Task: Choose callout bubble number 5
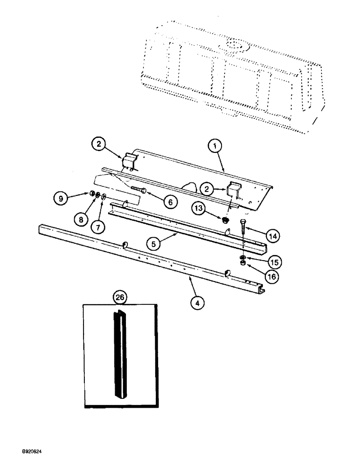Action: point(153,243)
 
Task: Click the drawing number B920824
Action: point(31,452)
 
